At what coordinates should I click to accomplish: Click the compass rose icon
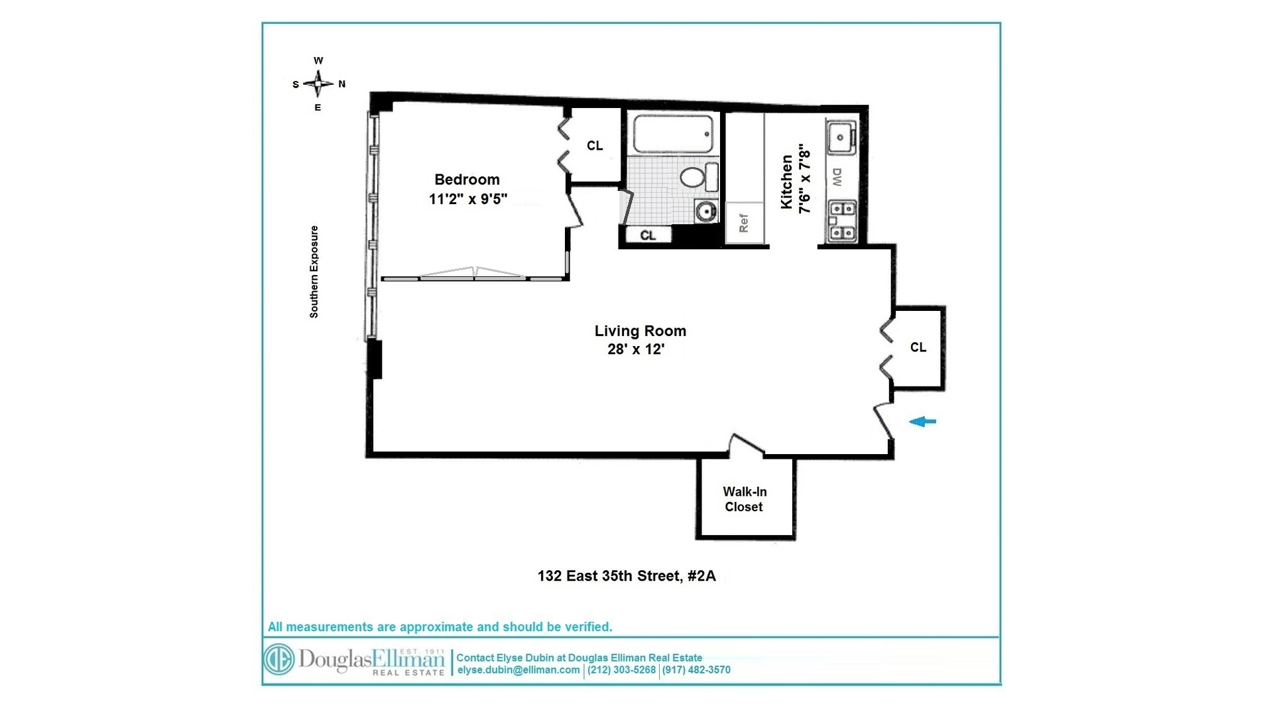(x=319, y=84)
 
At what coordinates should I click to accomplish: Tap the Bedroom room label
(x=467, y=180)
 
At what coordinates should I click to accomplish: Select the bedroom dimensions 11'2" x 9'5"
(x=467, y=199)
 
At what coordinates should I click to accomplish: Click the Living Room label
(x=640, y=331)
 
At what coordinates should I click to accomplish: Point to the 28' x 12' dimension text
(x=635, y=349)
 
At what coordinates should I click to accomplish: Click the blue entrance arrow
(x=922, y=422)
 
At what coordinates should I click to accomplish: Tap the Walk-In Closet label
(x=744, y=499)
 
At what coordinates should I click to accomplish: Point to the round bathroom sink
(x=707, y=211)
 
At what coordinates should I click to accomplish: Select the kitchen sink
(x=841, y=137)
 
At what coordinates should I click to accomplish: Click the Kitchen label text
(x=787, y=182)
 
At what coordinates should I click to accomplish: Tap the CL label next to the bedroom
(x=595, y=146)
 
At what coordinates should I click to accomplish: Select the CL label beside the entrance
(x=918, y=347)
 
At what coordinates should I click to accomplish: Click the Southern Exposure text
(x=314, y=272)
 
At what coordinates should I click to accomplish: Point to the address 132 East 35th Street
(x=626, y=576)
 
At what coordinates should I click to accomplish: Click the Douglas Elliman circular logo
(x=279, y=660)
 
